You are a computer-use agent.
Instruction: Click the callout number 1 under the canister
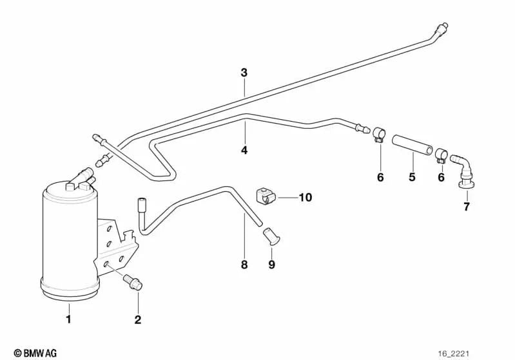pyautogui.click(x=69, y=318)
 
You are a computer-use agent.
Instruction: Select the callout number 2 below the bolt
pyautogui.click(x=137, y=319)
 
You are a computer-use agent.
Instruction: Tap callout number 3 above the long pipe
pyautogui.click(x=244, y=73)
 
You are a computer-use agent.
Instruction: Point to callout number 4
pyautogui.click(x=244, y=150)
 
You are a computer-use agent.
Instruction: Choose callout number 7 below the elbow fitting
pyautogui.click(x=467, y=207)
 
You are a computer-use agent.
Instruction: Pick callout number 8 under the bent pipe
pyautogui.click(x=244, y=265)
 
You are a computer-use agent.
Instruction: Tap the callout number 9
pyautogui.click(x=271, y=265)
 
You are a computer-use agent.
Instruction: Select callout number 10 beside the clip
pyautogui.click(x=305, y=198)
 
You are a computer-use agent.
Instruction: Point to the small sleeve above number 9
pyautogui.click(x=271, y=236)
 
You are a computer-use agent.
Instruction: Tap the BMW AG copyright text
pyautogui.click(x=35, y=352)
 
